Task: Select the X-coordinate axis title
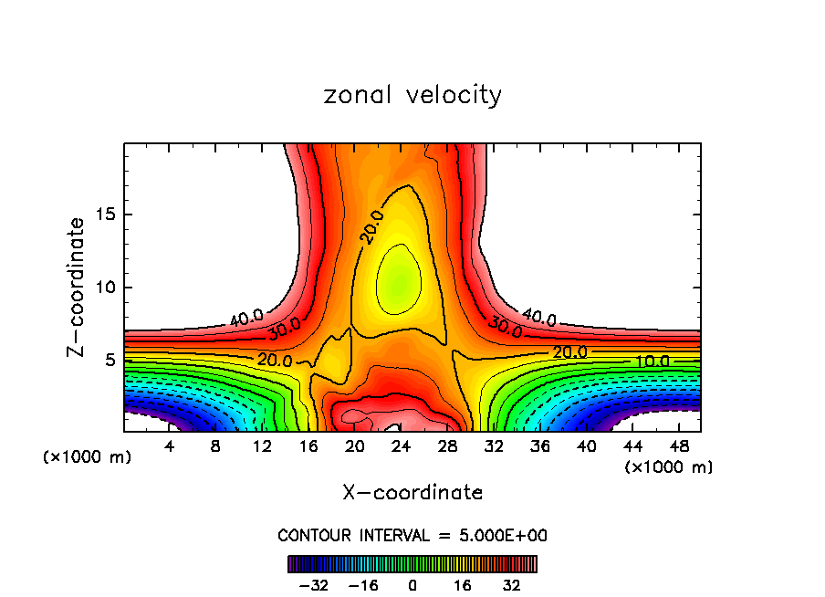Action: (x=412, y=493)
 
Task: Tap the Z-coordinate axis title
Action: (x=78, y=287)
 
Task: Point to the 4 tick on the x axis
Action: (x=169, y=446)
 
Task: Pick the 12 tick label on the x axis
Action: (x=262, y=446)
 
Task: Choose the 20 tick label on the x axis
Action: (x=355, y=446)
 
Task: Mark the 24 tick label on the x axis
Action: (x=401, y=446)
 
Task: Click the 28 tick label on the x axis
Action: (x=447, y=446)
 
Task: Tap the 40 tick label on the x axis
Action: (x=586, y=446)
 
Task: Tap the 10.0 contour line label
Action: (x=653, y=361)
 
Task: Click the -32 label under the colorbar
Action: (x=315, y=584)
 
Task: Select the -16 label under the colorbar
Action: (x=363, y=584)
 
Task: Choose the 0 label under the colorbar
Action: (x=412, y=584)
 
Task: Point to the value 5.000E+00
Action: (x=499, y=535)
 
